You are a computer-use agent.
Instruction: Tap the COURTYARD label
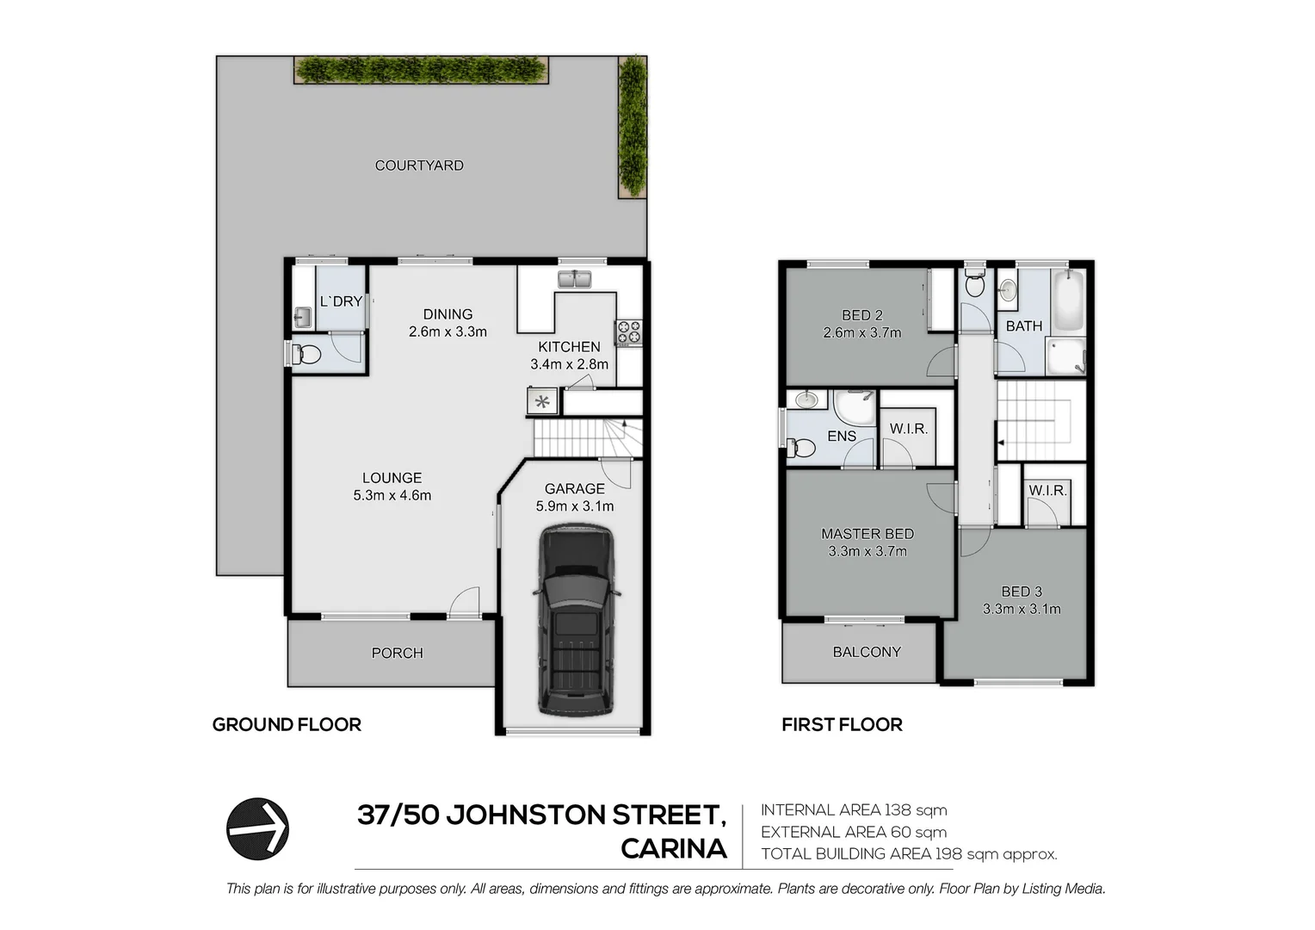(419, 165)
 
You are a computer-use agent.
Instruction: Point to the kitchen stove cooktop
(627, 332)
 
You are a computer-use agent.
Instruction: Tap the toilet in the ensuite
(800, 448)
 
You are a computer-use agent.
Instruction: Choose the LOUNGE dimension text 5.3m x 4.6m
(392, 495)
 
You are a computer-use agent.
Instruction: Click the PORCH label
(397, 653)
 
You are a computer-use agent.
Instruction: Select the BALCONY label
(867, 652)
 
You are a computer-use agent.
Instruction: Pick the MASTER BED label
(867, 534)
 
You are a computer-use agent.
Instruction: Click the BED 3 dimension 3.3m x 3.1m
(1022, 609)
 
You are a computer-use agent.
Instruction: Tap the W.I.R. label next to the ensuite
(909, 428)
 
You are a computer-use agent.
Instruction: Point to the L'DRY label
(341, 301)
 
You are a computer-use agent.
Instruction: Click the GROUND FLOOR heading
(287, 725)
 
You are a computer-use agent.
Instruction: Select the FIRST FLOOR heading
(842, 725)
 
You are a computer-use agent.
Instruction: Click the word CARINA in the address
(674, 849)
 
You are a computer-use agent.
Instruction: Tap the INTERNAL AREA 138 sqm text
(854, 810)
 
